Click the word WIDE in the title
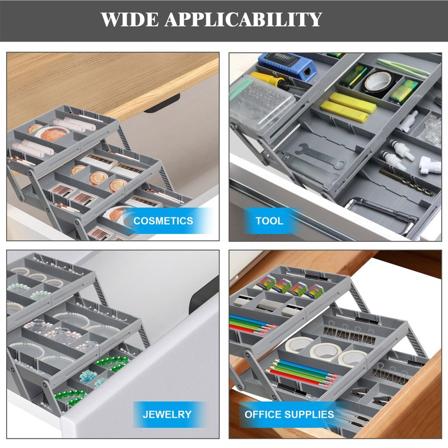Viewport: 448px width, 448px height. (x=128, y=20)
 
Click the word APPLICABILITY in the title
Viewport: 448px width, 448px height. (x=242, y=20)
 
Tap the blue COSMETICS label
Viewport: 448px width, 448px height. (x=163, y=221)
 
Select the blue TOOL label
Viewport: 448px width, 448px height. (x=269, y=221)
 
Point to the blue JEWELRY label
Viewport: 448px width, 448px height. (x=166, y=415)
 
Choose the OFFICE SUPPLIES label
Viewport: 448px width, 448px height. (x=289, y=415)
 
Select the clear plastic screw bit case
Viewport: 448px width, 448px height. (x=262, y=104)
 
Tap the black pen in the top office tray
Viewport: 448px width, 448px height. (x=302, y=274)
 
